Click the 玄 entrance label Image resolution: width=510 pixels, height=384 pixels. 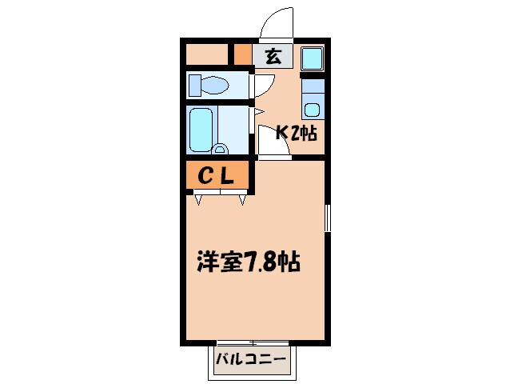273,56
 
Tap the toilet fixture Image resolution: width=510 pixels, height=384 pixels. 209,84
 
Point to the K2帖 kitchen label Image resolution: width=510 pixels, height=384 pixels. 297,134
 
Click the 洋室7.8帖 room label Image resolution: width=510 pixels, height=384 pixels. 249,262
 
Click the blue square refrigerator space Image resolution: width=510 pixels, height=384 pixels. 312,58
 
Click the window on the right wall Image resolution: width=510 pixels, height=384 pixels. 328,218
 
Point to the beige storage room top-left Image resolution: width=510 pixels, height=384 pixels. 207,54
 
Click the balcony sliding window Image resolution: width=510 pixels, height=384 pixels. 250,342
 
